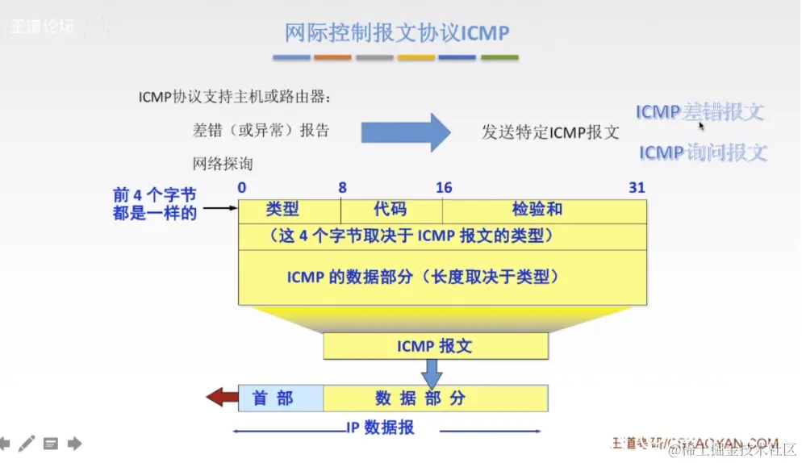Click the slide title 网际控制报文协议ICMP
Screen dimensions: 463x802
pyautogui.click(x=396, y=33)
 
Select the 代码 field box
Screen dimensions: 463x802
pyautogui.click(x=391, y=210)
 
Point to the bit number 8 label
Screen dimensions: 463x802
pyautogui.click(x=342, y=188)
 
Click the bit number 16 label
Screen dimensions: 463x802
pyautogui.click(x=444, y=188)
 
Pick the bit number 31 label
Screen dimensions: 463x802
pyautogui.click(x=637, y=188)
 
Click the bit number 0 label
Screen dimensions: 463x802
pyautogui.click(x=242, y=188)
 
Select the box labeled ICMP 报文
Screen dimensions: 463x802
pyautogui.click(x=435, y=346)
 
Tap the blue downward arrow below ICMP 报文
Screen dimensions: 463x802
pyautogui.click(x=432, y=372)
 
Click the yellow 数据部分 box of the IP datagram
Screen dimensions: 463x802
pyautogui.click(x=435, y=398)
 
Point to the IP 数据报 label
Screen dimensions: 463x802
pyautogui.click(x=380, y=428)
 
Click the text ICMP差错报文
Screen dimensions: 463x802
pyautogui.click(x=699, y=112)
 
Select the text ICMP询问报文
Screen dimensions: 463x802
pyautogui.click(x=702, y=152)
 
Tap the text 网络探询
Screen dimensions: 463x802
pyautogui.click(x=223, y=164)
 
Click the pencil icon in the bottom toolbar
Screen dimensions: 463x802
pyautogui.click(x=27, y=443)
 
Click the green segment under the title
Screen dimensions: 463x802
pyautogui.click(x=499, y=58)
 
